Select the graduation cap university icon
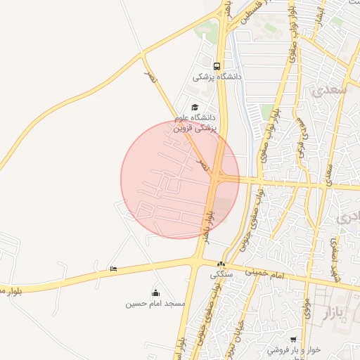195,107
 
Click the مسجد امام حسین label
155,303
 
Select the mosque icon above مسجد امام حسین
155,292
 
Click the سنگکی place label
221,275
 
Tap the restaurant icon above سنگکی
221,264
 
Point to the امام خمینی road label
264,272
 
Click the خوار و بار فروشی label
294,349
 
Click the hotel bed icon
113,269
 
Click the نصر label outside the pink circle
150,76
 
